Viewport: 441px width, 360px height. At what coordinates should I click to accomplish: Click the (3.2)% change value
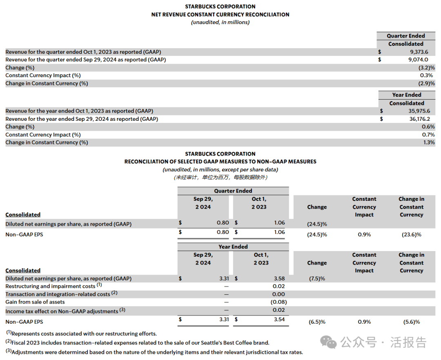pos(427,67)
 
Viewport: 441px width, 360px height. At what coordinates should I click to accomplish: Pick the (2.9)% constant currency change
pos(427,83)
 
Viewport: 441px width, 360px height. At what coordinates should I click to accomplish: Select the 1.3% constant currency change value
pos(429,142)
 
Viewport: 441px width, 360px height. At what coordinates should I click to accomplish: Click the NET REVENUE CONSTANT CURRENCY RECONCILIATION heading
pos(220,14)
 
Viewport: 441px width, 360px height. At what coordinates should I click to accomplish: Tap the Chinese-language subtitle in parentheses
pos(220,177)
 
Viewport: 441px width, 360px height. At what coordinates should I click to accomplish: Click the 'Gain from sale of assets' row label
pos(35,302)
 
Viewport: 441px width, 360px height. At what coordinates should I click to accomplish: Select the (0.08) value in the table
pos(278,302)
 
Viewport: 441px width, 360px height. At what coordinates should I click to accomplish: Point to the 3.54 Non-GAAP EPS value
pos(279,319)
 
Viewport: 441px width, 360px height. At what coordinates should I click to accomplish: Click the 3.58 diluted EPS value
pos(279,278)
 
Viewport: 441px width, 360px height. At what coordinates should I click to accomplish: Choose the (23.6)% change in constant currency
pos(411,234)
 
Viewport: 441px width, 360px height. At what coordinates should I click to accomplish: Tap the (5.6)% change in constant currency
pos(411,322)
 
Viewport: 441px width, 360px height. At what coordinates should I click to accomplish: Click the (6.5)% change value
pos(317,322)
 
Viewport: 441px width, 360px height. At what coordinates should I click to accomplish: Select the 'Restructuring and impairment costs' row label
pos(51,286)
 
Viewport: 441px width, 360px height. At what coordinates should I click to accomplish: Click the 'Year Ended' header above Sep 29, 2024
pos(233,247)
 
